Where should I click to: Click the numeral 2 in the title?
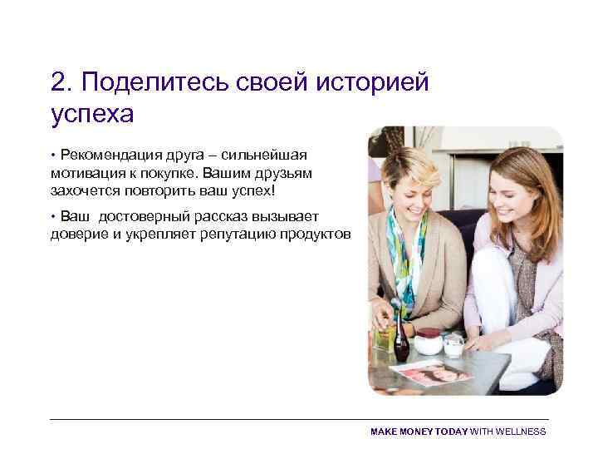pos(58,81)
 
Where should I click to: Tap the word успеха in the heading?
pos(91,113)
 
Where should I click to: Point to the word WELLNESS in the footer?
pos(520,432)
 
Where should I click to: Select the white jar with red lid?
pos(429,341)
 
